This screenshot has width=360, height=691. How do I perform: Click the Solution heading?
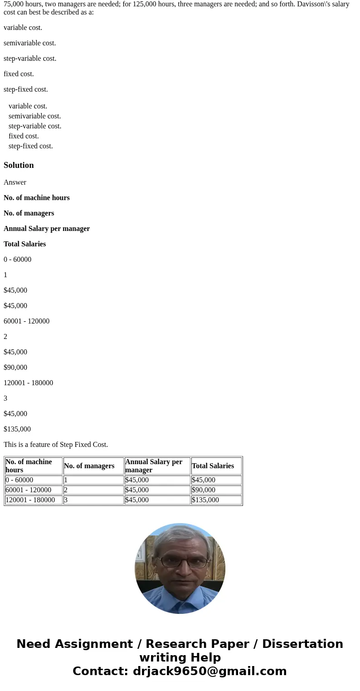(x=19, y=165)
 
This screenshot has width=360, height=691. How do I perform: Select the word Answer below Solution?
(x=15, y=182)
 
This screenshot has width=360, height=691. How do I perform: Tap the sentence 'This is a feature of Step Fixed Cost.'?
(x=56, y=445)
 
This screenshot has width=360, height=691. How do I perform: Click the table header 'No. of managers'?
(x=89, y=466)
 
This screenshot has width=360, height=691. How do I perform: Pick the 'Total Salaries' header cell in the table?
(x=213, y=466)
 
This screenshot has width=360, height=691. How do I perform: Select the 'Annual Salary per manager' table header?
(x=154, y=466)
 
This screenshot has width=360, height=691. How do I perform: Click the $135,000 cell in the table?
(x=205, y=500)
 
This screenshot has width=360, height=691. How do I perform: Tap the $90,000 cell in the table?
(x=204, y=490)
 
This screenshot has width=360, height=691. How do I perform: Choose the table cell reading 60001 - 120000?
(x=28, y=490)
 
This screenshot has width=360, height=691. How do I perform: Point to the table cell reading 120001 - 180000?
(x=30, y=500)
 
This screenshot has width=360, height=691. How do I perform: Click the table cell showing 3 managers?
(x=66, y=500)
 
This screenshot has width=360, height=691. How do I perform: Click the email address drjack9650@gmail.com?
(x=210, y=671)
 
